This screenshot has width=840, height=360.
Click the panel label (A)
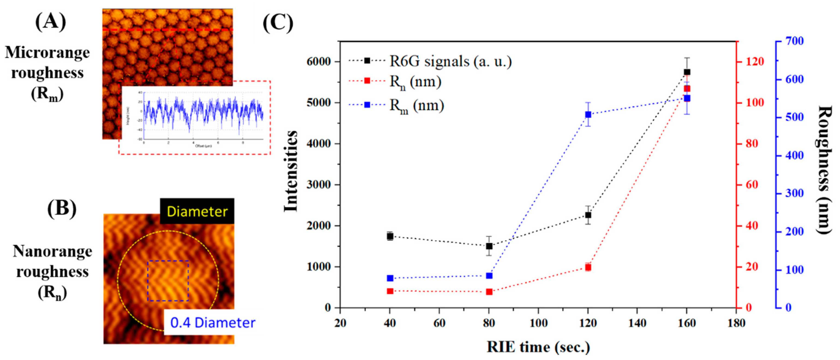pyautogui.click(x=51, y=22)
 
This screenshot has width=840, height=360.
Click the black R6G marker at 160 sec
pyautogui.click(x=687, y=72)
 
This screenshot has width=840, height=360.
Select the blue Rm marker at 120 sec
pyautogui.click(x=588, y=114)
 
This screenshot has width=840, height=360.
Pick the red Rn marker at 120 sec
pyautogui.click(x=588, y=268)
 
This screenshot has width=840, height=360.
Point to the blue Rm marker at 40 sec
pyautogui.click(x=390, y=278)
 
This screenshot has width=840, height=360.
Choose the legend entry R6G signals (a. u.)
pyautogui.click(x=450, y=61)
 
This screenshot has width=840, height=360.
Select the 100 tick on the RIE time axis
pyautogui.click(x=538, y=323)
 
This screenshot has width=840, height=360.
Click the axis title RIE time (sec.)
pyautogui.click(x=538, y=347)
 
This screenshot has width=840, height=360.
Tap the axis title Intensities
pyautogui.click(x=291, y=171)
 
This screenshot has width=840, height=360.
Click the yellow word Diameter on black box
pyautogui.click(x=197, y=212)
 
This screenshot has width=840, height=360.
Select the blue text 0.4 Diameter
pyautogui.click(x=213, y=323)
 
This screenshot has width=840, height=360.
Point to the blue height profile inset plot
pyautogui.click(x=202, y=116)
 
